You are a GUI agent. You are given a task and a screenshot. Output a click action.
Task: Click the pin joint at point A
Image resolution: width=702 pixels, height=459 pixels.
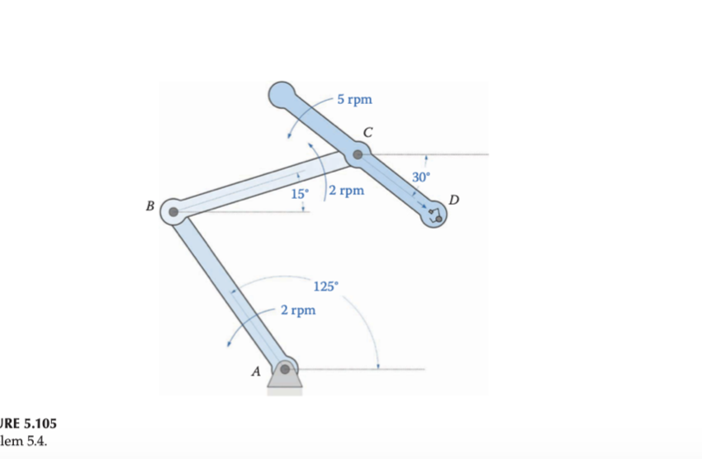pyautogui.click(x=286, y=368)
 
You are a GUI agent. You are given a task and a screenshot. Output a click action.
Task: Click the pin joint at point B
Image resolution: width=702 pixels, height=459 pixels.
pyautogui.click(x=173, y=211)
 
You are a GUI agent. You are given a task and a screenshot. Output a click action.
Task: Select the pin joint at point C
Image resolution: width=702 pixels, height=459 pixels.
pyautogui.click(x=358, y=154)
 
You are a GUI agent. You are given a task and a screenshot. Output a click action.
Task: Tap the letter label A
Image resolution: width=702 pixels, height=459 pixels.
pyautogui.click(x=256, y=372)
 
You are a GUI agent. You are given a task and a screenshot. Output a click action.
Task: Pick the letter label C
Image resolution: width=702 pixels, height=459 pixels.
pyautogui.click(x=368, y=130)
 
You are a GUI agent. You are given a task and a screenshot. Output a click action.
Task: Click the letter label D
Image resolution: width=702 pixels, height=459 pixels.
pyautogui.click(x=454, y=201)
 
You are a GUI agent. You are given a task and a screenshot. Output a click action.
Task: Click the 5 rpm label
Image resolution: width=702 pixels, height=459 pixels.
pyautogui.click(x=354, y=100)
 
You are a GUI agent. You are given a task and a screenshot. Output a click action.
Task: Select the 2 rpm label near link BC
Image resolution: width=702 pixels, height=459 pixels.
pyautogui.click(x=346, y=191)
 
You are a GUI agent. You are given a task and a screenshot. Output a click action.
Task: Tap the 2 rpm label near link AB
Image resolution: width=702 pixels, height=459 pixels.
pyautogui.click(x=297, y=310)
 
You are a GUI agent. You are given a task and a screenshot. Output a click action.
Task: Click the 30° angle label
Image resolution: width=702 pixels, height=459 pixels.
pyautogui.click(x=421, y=177)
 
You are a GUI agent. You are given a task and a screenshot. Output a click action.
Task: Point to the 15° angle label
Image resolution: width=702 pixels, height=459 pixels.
pyautogui.click(x=300, y=194)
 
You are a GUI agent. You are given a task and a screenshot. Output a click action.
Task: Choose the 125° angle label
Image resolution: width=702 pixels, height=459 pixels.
pyautogui.click(x=325, y=286)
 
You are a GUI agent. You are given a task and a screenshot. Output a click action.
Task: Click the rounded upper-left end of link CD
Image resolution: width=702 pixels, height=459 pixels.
pyautogui.click(x=281, y=94)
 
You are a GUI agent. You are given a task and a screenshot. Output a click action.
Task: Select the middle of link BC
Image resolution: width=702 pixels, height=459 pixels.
pyautogui.click(x=265, y=182)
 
